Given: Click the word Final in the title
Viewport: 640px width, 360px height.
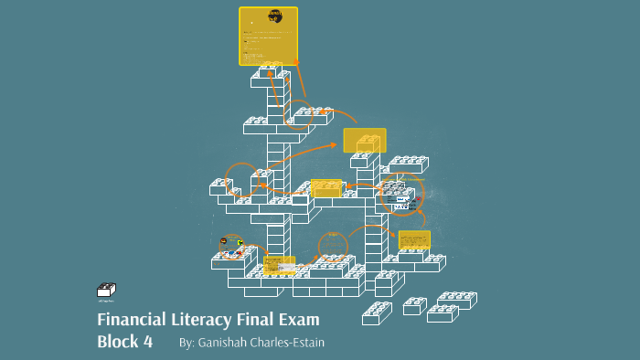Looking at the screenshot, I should [253, 320].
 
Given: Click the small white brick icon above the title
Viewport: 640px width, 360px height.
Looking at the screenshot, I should [106, 291].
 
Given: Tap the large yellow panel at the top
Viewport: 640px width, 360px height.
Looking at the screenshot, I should [268, 37].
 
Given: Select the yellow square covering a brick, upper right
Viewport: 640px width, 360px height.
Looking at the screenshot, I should [365, 141].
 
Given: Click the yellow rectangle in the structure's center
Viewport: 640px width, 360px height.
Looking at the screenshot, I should [325, 188].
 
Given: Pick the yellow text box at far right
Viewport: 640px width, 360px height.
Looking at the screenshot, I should [414, 240].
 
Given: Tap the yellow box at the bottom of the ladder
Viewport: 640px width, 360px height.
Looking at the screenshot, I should [279, 266].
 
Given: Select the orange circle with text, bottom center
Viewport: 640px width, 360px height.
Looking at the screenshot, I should [334, 247].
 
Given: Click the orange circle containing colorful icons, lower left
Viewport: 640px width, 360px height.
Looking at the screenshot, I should [232, 246].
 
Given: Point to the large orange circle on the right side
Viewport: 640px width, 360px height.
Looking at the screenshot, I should [400, 195].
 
